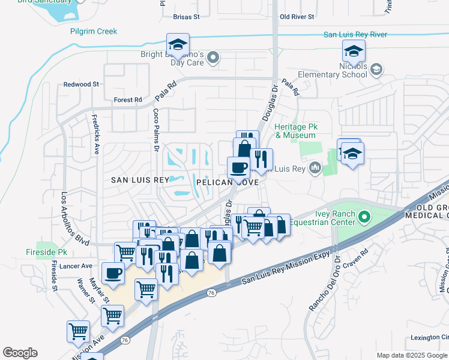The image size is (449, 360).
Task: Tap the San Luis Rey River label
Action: click(x=355, y=35)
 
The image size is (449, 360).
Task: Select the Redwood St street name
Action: click(x=81, y=85)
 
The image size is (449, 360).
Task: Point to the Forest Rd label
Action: click(x=128, y=100)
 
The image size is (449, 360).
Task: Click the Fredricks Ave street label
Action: click(x=95, y=134)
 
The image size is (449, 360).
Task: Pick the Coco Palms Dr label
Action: click(x=156, y=129)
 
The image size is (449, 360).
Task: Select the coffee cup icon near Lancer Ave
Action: click(x=113, y=274)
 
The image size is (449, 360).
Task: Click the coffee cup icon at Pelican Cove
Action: click(x=238, y=167)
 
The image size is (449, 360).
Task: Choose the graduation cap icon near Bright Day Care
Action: click(x=178, y=44)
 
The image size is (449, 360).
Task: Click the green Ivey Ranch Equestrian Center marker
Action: click(x=364, y=215)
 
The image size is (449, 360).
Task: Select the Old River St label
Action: click(x=297, y=17)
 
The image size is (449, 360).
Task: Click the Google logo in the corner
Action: click(x=20, y=353)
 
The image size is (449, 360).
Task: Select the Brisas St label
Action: click(x=185, y=17)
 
